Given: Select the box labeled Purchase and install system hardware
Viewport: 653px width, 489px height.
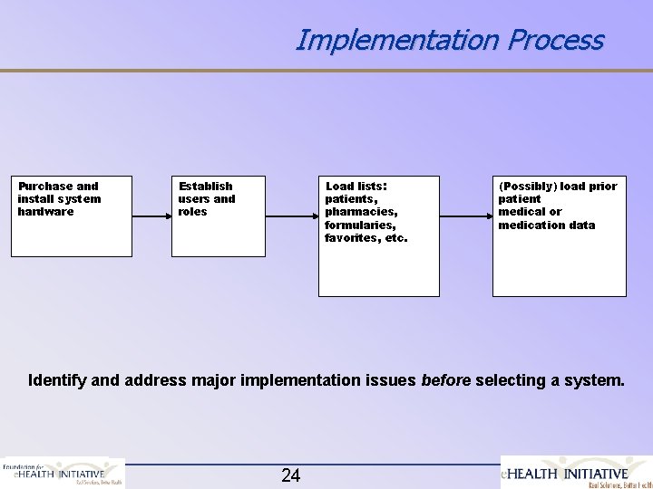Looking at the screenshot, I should click(x=71, y=216).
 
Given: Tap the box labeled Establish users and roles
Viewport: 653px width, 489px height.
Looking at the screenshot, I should click(x=218, y=216).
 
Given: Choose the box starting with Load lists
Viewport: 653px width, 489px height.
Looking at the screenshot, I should click(x=378, y=235).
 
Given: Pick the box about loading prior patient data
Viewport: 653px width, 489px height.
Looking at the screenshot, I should click(x=559, y=235).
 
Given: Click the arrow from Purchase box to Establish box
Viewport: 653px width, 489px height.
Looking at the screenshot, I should click(x=151, y=216).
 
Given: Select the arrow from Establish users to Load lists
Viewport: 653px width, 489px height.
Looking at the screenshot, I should click(x=291, y=216).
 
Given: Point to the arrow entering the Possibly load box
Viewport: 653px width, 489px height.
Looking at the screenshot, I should click(x=465, y=216).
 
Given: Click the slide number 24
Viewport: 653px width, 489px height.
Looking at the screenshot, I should click(x=291, y=475).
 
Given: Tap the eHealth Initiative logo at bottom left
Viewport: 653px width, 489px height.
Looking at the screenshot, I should click(x=62, y=473).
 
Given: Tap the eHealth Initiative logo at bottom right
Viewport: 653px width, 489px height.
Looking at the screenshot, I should click(x=577, y=473).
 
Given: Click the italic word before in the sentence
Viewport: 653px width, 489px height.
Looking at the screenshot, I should click(x=446, y=380).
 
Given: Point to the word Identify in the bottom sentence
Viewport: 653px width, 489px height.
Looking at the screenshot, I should click(x=57, y=380).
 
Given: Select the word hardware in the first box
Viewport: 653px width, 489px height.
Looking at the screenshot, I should click(x=45, y=212).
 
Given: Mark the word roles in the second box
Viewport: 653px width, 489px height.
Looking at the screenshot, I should click(x=192, y=212).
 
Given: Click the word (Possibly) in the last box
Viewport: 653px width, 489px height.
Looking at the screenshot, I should click(x=527, y=187).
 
